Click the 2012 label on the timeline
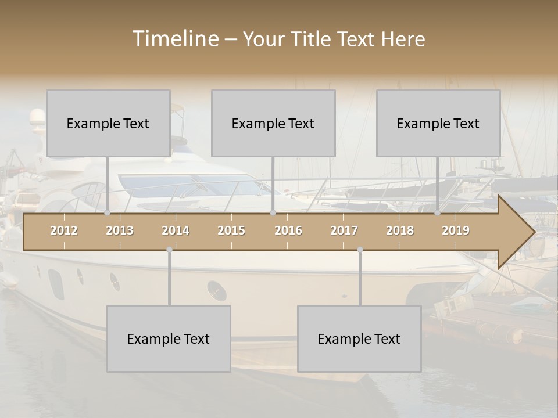pyautogui.click(x=64, y=230)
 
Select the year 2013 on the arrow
pyautogui.click(x=120, y=230)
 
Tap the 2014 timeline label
pyautogui.click(x=176, y=230)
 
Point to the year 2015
pyautogui.click(x=231, y=230)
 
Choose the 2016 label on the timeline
pyautogui.click(x=288, y=230)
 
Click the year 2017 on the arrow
pyautogui.click(x=344, y=230)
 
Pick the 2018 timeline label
pyautogui.click(x=400, y=230)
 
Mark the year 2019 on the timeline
pyautogui.click(x=456, y=230)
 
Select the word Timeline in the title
pyautogui.click(x=174, y=39)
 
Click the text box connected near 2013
pyautogui.click(x=108, y=123)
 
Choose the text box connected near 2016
pyautogui.click(x=273, y=123)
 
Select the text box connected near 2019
pyautogui.click(x=438, y=123)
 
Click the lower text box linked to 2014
pyautogui.click(x=169, y=338)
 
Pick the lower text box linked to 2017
pyautogui.click(x=359, y=338)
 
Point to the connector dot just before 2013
pyautogui.click(x=108, y=213)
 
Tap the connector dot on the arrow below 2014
pyautogui.click(x=169, y=250)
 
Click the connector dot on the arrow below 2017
pyautogui.click(x=360, y=250)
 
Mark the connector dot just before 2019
pyautogui.click(x=438, y=213)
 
